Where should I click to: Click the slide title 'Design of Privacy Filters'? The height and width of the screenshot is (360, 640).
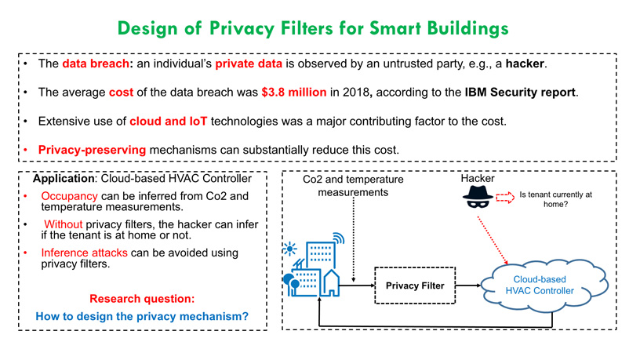click(x=313, y=28)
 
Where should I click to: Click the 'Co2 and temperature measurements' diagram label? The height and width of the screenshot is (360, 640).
click(x=353, y=186)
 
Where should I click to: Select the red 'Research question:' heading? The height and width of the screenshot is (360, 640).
click(x=142, y=298)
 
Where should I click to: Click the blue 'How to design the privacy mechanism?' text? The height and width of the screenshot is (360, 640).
click(x=142, y=317)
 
